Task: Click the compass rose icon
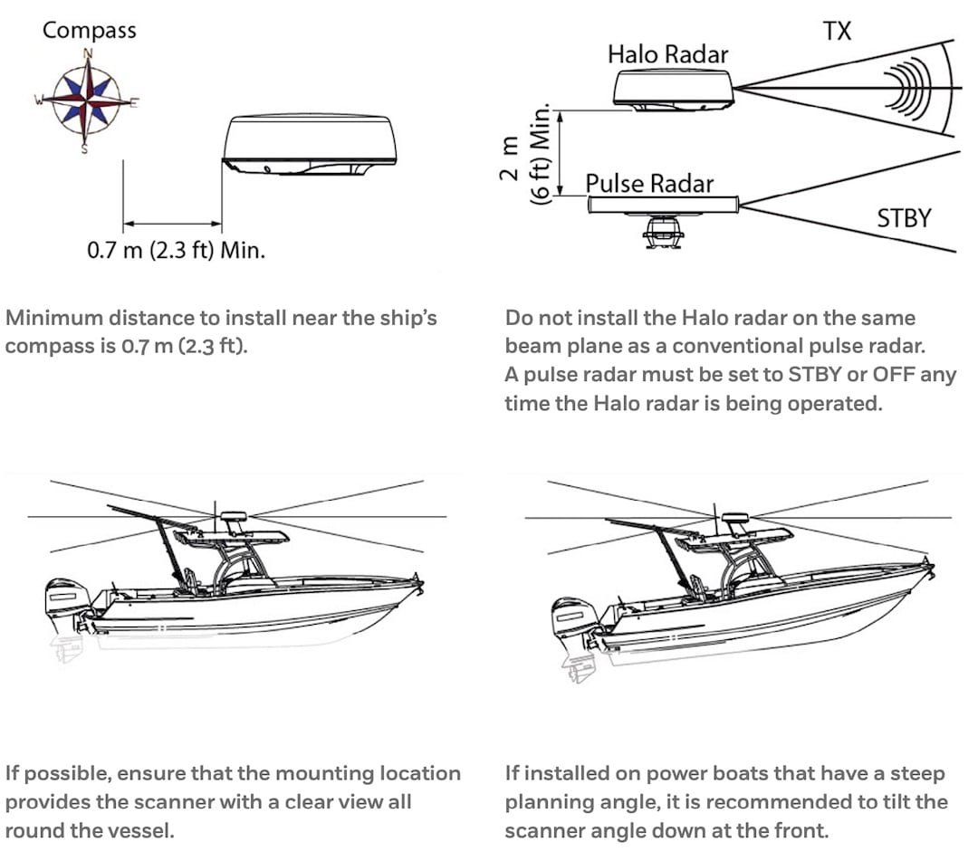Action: pos(86,100)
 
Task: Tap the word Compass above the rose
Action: pos(89,30)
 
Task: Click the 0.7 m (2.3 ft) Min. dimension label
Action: pos(176,250)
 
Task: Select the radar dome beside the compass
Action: pos(309,146)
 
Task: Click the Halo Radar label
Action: pos(667,54)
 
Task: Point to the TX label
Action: pos(837,31)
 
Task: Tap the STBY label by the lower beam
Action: pos(903,218)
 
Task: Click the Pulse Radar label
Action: pos(649,184)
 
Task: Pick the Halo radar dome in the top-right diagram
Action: pos(673,91)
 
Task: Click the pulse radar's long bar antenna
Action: pos(663,206)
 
